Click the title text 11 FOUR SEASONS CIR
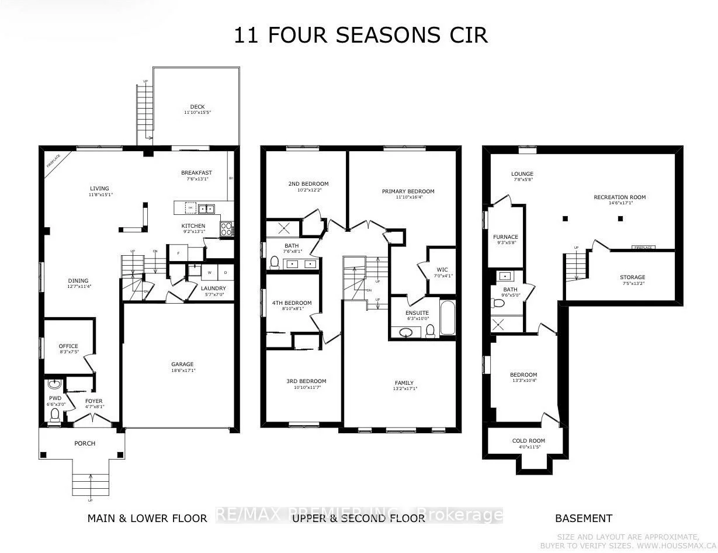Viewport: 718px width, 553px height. click(360, 35)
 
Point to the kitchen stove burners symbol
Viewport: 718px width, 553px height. click(226, 229)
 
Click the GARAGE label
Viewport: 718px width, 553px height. click(182, 364)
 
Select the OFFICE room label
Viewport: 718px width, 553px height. click(68, 346)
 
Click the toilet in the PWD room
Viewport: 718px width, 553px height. click(56, 414)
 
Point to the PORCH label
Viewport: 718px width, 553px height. click(85, 443)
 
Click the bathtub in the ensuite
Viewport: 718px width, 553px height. click(447, 318)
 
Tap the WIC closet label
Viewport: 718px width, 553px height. click(442, 270)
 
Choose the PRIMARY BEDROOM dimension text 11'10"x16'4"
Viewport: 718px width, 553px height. click(408, 197)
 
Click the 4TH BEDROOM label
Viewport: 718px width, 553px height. click(292, 303)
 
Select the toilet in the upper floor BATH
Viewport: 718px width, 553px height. click(275, 262)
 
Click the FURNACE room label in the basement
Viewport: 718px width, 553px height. click(506, 237)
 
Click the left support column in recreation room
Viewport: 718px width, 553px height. click(565, 219)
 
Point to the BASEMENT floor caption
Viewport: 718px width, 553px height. click(583, 518)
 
